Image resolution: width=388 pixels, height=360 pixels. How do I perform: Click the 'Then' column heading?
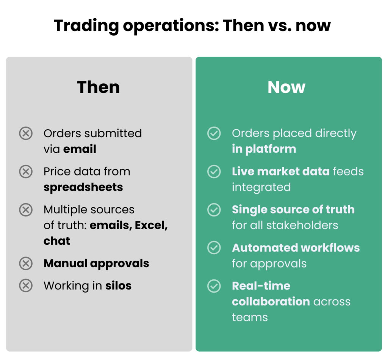[x=99, y=88]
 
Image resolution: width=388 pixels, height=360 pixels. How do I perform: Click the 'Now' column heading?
[x=286, y=88]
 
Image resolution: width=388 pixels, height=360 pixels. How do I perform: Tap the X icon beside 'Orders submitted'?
[x=26, y=133]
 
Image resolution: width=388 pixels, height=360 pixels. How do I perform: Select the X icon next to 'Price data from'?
[x=26, y=172]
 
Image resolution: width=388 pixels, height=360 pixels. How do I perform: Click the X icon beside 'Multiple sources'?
[x=26, y=210]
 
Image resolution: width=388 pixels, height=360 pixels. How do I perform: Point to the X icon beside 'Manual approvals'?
[x=26, y=263]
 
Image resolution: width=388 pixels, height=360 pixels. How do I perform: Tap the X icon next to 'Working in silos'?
[x=26, y=285]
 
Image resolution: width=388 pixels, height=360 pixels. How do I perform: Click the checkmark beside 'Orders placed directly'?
[x=214, y=133]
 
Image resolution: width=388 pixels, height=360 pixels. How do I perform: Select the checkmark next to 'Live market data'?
[x=214, y=172]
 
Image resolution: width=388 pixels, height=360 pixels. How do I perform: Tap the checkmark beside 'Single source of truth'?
[x=214, y=210]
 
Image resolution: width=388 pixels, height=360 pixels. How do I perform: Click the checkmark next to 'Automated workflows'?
[x=214, y=248]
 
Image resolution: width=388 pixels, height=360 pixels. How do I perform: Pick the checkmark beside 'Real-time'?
[x=214, y=286]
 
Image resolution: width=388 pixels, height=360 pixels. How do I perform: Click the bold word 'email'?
[x=80, y=149]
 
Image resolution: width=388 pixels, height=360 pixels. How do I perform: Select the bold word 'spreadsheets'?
[x=83, y=188]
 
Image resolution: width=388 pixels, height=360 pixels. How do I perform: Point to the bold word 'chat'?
[x=57, y=241]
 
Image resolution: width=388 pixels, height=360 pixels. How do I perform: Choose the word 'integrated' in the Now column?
[x=261, y=187]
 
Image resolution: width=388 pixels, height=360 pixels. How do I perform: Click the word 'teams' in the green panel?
[x=250, y=317]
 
